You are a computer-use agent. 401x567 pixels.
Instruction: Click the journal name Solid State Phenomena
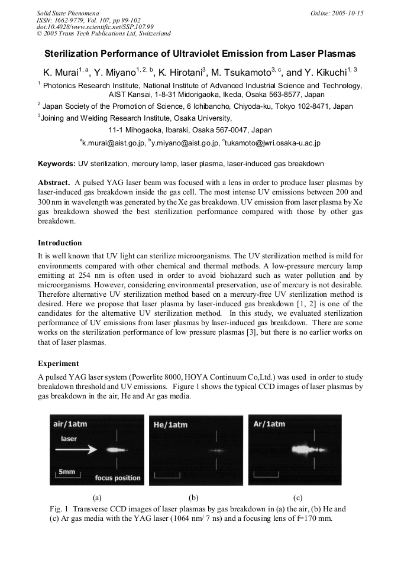pos(67,12)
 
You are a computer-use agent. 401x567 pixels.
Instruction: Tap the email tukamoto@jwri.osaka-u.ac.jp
pos(273,142)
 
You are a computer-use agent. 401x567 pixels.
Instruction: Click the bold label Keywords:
pos(57,163)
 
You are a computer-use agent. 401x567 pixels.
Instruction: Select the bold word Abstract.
pos(54,183)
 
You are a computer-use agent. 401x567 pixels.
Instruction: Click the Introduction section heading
pos(60,242)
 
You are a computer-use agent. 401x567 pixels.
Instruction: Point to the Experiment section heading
pos(57,363)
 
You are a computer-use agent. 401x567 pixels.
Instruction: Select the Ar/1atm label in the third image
pos(269,424)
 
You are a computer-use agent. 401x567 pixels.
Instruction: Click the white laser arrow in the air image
pos(77,450)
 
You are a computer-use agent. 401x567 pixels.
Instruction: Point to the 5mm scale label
pos(67,472)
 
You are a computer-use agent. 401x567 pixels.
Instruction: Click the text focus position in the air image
pos(118,478)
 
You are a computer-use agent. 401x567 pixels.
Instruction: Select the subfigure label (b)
pos(193,498)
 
